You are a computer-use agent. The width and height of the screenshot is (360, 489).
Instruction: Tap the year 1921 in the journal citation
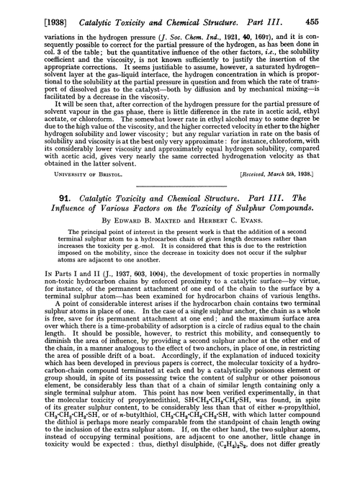point(239,24)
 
